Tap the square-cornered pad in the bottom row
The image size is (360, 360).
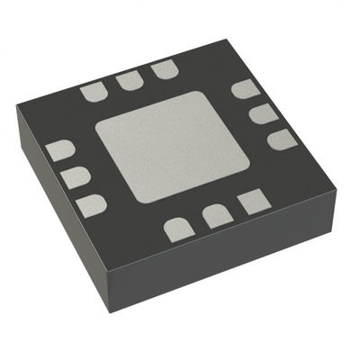252,202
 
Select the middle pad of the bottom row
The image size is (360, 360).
216,215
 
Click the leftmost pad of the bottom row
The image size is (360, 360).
178,229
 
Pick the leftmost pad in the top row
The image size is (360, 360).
93,92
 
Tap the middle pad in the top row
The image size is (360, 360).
128,81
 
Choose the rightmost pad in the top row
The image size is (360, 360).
163,69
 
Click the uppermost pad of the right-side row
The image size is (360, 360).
245,89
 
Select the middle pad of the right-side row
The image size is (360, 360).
262,113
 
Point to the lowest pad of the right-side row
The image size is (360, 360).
281,139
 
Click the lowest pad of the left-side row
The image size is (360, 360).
91,205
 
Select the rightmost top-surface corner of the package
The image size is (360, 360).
341,166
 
